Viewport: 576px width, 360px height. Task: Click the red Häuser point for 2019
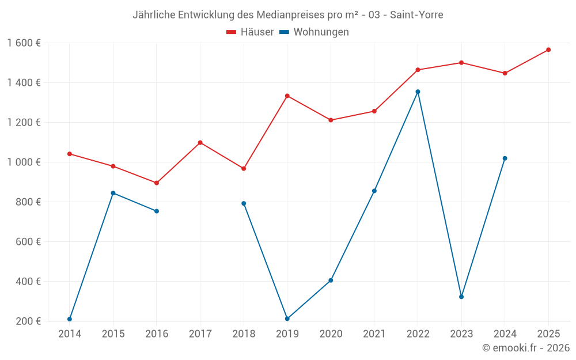287,96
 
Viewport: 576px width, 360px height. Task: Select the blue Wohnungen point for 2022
418,92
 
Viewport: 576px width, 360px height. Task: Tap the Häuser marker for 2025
548,50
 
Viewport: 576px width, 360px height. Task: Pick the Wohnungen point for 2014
70,319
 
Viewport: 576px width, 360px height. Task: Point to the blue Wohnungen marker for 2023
461,297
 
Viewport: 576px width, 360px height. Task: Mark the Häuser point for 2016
157,183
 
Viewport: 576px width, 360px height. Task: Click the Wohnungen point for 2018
244,203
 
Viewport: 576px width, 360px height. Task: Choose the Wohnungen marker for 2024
505,158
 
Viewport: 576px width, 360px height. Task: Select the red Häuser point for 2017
200,142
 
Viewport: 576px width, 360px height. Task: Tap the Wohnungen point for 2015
113,193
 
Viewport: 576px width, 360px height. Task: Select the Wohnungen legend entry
314,32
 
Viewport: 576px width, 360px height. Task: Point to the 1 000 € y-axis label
24,162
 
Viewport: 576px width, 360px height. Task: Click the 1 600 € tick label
24,43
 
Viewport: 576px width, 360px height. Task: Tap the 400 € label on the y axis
29,282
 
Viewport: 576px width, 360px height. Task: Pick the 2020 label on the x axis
331,334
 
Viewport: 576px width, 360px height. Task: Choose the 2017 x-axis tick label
200,334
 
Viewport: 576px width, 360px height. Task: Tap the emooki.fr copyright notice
526,348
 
